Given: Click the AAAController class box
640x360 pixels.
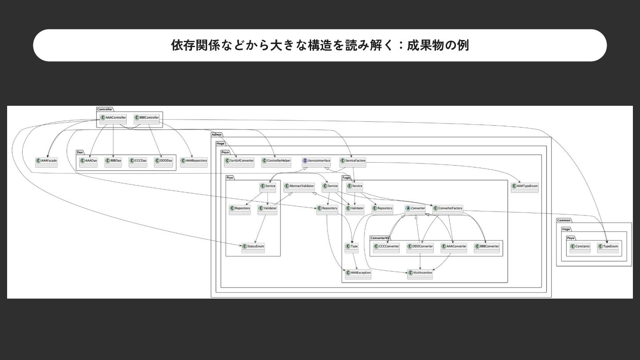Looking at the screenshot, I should pos(113,119).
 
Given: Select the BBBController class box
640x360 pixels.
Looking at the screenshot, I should pos(147,119).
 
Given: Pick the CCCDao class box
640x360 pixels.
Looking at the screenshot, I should pos(138,161).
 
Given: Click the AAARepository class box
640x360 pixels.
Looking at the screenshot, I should pos(194,161).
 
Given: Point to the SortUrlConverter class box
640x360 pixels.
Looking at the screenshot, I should pos(239,161).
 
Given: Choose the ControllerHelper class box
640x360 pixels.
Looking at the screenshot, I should pos(276,161).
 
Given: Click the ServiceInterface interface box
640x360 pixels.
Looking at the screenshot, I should pos(316,161).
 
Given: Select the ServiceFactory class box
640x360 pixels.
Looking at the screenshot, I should pos(353,161).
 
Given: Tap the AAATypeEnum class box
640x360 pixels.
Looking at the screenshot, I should pos(524,187).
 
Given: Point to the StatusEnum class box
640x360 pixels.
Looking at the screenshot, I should pos(253,248).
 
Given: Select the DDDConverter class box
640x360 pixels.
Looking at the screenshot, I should pos(420,248).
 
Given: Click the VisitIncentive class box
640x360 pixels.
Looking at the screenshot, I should pos(420,274).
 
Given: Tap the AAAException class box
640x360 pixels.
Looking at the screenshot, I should pos(358,274).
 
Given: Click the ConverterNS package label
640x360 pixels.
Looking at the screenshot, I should pos(379,238).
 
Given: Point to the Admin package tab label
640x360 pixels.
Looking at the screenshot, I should pos(216,135).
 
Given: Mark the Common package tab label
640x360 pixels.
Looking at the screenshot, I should pos(564,220).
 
